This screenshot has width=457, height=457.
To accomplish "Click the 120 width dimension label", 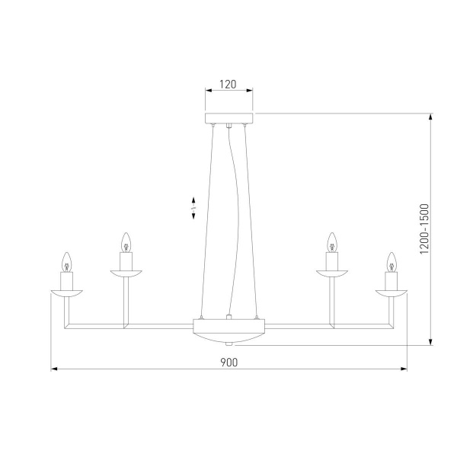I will pos(228,85).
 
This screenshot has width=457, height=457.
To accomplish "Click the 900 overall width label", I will pos(228,363).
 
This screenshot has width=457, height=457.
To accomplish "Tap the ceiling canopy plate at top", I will pos(228,118).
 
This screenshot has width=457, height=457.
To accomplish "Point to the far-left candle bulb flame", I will pos(66,261).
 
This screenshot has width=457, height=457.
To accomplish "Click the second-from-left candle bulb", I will pos(126,242).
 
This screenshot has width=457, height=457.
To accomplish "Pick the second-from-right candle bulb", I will pos(331,242).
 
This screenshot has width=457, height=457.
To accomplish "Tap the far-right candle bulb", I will pos(391,261).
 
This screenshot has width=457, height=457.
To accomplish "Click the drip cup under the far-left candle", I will pos(66,292).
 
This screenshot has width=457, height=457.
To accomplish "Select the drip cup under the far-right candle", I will pos(391,292).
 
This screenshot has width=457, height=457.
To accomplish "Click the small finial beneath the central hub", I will pos(228,344).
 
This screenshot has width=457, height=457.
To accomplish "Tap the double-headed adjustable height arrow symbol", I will pos(194,206).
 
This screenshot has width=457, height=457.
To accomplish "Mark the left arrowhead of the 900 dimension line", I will pos(54,371).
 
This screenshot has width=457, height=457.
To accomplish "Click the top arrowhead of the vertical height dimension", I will pos(432,117).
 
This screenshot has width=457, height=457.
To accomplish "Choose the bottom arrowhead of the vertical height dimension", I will pos(432,342).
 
